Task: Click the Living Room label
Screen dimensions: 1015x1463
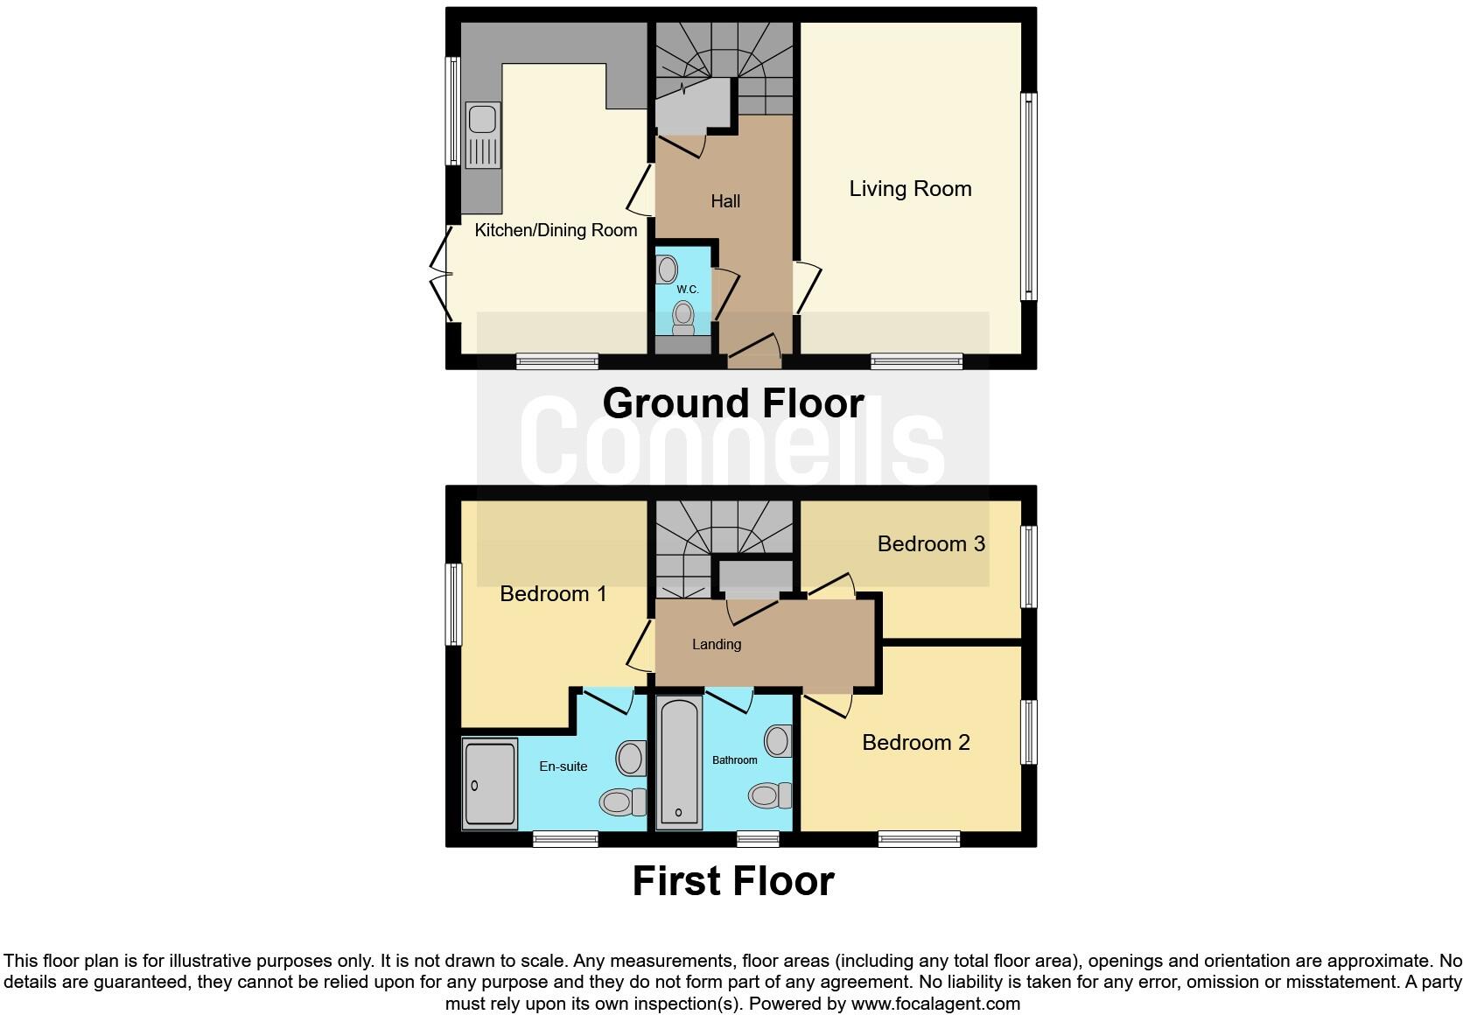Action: coord(910,189)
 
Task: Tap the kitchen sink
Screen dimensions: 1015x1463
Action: coord(482,135)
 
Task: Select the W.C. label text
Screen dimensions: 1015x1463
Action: coord(687,290)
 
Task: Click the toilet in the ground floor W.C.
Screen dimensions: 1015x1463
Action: coord(682,318)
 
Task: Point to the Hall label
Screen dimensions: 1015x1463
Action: coord(725,202)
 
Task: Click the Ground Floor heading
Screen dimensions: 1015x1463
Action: coord(733,403)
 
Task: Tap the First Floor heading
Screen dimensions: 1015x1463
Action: coord(733,881)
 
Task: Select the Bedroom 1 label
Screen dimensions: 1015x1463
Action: coord(553,594)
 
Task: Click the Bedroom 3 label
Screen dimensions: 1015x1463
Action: coord(931,544)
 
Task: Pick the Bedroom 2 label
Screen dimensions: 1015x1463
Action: coord(916,743)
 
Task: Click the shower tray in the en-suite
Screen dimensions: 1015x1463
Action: coord(490,784)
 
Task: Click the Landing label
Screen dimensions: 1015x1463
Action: coord(717,645)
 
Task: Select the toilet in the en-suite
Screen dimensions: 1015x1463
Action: coord(621,801)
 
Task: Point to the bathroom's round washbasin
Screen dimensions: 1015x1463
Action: coord(777,741)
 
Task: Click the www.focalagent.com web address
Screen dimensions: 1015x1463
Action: coord(935,1004)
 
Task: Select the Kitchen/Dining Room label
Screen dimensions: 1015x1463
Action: coord(556,230)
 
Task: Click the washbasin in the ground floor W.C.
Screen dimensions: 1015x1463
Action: coord(668,268)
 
